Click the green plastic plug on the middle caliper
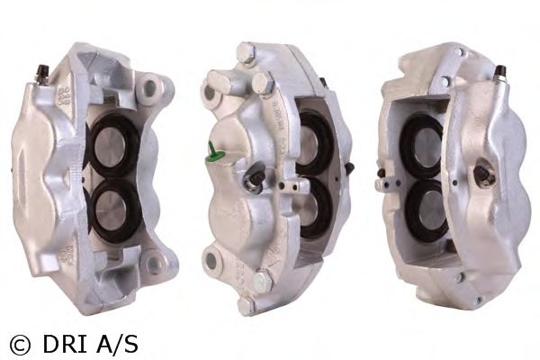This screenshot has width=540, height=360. click(213, 153)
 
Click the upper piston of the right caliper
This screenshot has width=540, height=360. click(427, 147)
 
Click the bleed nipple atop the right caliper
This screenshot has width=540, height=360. click(500, 75)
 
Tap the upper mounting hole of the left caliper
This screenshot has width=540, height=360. click(150, 88)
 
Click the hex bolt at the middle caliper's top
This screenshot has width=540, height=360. click(246, 52)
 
